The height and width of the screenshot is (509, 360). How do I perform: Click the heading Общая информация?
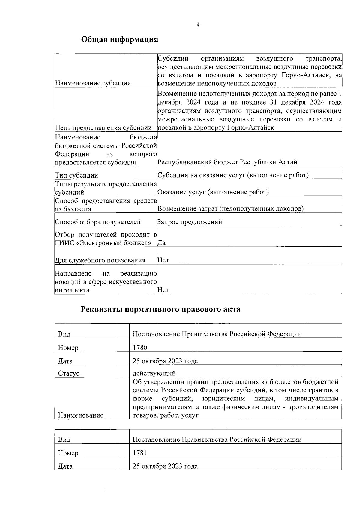coord(120,40)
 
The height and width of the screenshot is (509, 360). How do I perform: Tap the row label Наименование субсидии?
coord(93,83)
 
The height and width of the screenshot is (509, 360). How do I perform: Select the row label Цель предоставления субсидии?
coord(103,128)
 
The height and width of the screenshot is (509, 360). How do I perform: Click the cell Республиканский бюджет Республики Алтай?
coord(227,162)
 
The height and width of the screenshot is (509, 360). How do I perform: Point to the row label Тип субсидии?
coord(76,175)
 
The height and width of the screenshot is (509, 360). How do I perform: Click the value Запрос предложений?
coord(190,222)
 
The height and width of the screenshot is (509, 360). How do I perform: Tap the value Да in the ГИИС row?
coord(161,243)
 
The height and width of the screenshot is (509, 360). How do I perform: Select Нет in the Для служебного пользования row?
coord(163,260)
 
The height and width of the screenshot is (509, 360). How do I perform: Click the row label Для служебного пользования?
coord(100,260)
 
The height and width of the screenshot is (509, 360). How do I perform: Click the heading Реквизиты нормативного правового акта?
coord(160,309)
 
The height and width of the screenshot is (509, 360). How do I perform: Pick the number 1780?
coord(140,348)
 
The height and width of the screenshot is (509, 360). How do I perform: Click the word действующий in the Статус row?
coord(154,373)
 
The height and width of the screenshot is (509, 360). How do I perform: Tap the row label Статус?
coord(69,373)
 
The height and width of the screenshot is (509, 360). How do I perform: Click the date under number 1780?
coord(165,361)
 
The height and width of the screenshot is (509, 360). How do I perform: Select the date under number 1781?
coord(165,466)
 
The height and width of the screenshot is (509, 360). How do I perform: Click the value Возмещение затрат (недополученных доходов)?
coord(230,209)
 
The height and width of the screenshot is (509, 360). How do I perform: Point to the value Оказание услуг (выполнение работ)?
coord(213,192)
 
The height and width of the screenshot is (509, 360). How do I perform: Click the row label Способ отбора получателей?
coord(98,222)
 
